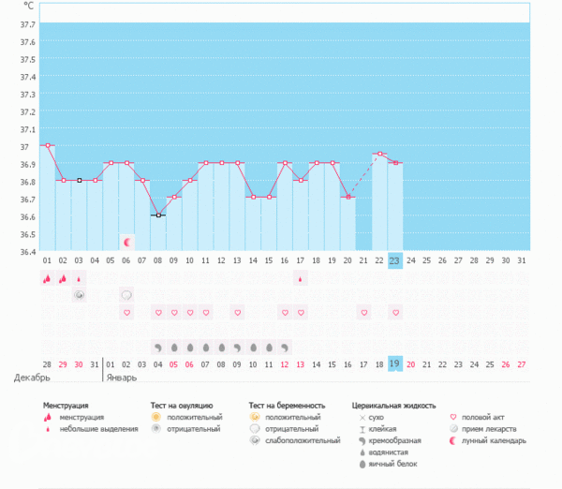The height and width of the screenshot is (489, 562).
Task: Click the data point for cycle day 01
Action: tap(47, 145)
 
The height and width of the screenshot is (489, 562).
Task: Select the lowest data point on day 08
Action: tap(158, 215)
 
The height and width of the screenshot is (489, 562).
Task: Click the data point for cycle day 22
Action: tap(379, 154)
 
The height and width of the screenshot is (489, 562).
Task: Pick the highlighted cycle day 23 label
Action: tap(395, 259)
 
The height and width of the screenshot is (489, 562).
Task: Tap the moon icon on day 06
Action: tap(126, 242)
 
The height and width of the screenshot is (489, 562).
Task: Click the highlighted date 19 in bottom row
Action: tap(395, 363)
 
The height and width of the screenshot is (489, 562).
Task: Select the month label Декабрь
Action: tap(31, 378)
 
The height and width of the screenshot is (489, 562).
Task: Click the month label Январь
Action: tap(121, 378)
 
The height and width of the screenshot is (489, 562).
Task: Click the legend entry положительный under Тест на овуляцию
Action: tap(195, 417)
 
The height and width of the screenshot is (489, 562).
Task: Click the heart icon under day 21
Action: tap(363, 312)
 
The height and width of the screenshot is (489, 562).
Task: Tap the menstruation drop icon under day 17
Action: tap(301, 278)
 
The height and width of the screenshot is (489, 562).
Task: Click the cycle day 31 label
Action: tap(522, 259)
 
